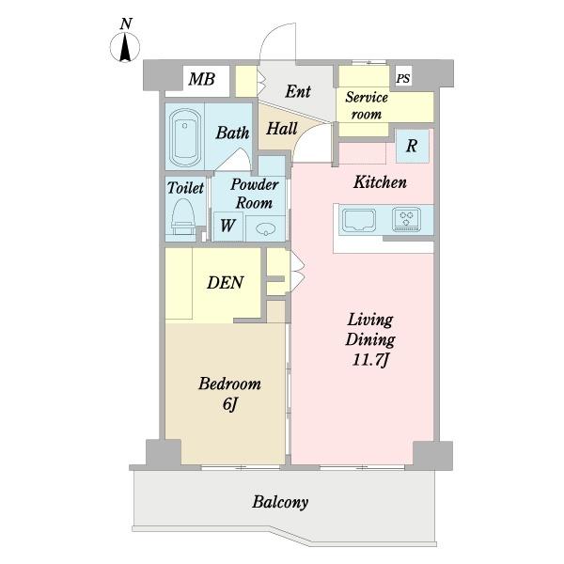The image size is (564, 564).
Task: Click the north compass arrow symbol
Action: (125, 47)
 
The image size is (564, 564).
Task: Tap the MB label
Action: (202, 79)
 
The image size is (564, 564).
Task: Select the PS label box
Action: (403, 77)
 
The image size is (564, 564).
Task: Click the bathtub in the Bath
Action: (185, 137)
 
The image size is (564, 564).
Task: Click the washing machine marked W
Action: (227, 227)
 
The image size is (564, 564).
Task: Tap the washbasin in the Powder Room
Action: (265, 228)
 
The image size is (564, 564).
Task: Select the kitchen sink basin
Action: (359, 220)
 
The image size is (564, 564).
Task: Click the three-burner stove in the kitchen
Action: (406, 219)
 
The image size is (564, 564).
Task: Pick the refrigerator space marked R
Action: (413, 146)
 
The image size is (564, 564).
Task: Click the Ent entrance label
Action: (297, 91)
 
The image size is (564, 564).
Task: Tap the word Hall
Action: (282, 129)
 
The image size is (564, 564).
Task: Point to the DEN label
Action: (226, 283)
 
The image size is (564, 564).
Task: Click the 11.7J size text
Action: (371, 360)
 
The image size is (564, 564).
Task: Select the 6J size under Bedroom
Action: (230, 404)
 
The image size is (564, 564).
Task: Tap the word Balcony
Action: (280, 502)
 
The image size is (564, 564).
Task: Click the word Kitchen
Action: (380, 182)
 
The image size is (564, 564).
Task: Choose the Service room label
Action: (367, 105)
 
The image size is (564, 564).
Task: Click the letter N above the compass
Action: (126, 23)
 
